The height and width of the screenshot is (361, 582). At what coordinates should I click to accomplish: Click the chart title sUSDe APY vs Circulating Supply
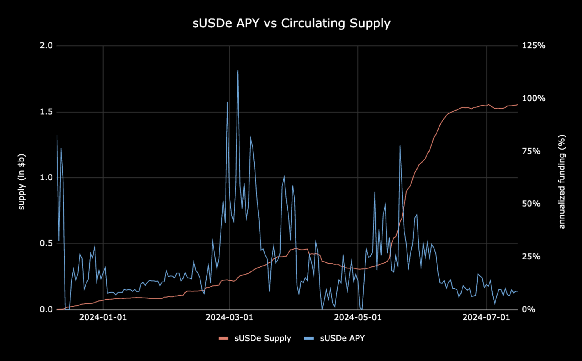(x=291, y=23)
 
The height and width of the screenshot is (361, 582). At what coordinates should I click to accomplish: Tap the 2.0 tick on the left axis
(x=46, y=46)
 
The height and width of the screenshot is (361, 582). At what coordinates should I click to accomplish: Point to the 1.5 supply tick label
(x=46, y=112)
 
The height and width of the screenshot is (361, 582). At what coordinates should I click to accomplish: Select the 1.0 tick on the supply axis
(x=46, y=177)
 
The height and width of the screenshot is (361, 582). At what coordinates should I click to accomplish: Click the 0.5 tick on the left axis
(x=46, y=243)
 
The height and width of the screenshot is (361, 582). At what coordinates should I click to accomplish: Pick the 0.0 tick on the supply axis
(x=46, y=309)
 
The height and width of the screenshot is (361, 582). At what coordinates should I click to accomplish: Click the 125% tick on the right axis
(x=533, y=46)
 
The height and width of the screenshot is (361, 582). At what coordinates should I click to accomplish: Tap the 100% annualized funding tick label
(x=533, y=98)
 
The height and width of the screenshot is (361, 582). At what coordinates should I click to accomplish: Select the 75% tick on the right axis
(x=531, y=151)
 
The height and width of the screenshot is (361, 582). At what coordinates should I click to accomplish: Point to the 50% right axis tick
(x=531, y=204)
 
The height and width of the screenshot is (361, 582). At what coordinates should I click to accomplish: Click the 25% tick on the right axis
(x=531, y=257)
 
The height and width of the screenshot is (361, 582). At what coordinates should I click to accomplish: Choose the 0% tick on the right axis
(x=528, y=309)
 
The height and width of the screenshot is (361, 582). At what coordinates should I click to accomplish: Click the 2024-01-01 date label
(x=103, y=317)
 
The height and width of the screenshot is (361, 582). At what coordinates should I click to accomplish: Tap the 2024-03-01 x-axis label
(x=229, y=317)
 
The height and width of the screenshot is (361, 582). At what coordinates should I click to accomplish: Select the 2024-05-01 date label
(x=358, y=317)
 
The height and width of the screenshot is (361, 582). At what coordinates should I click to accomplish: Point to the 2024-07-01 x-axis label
(x=486, y=317)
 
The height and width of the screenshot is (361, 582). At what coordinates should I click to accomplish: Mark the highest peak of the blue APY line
(x=238, y=71)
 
